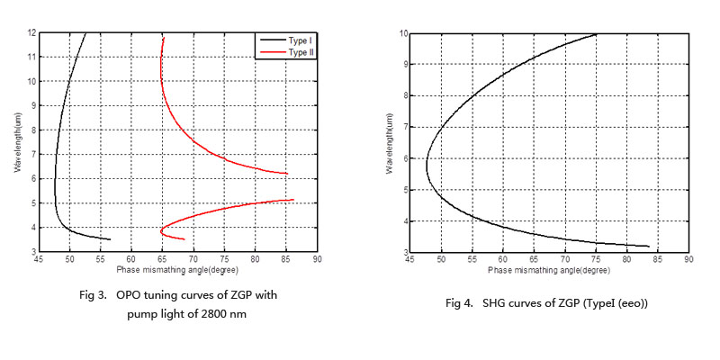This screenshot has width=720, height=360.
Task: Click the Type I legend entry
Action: tap(294, 40)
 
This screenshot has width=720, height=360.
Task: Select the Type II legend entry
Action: tap(295, 53)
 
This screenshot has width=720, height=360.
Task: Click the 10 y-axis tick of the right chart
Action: tap(402, 33)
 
